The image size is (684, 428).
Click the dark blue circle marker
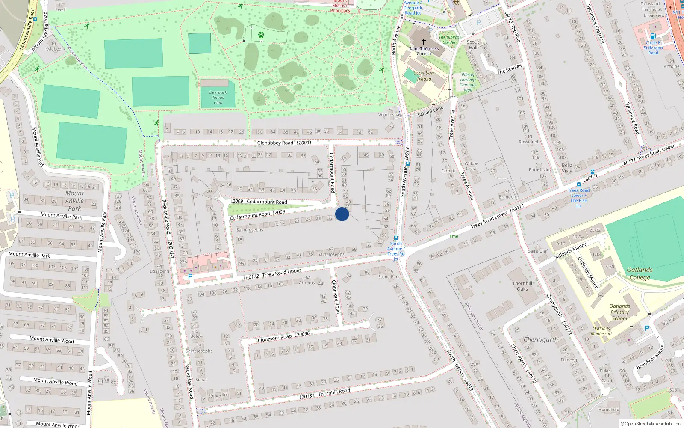[342, 214]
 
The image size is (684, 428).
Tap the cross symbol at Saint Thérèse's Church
[424, 42]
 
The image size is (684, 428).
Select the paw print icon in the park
[261, 35]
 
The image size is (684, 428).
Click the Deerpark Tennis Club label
[218, 98]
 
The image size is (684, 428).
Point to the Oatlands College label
[640, 273]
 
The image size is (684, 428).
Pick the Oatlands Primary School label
[619, 312]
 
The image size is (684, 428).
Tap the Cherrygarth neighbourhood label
[541, 339]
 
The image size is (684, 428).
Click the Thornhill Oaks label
[522, 286]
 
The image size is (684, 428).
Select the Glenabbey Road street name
[275, 143]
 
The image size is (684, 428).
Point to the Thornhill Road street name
[334, 392]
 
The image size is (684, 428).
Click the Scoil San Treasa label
[424, 76]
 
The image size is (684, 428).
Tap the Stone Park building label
[389, 277]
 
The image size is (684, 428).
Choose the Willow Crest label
[471, 166]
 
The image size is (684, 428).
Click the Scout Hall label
[473, 45]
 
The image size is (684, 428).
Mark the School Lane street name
[430, 111]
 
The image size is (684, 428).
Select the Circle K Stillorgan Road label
[653, 48]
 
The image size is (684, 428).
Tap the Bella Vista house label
[567, 168]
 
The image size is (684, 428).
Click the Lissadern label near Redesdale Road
[159, 271]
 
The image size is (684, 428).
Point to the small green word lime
[454, 236]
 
